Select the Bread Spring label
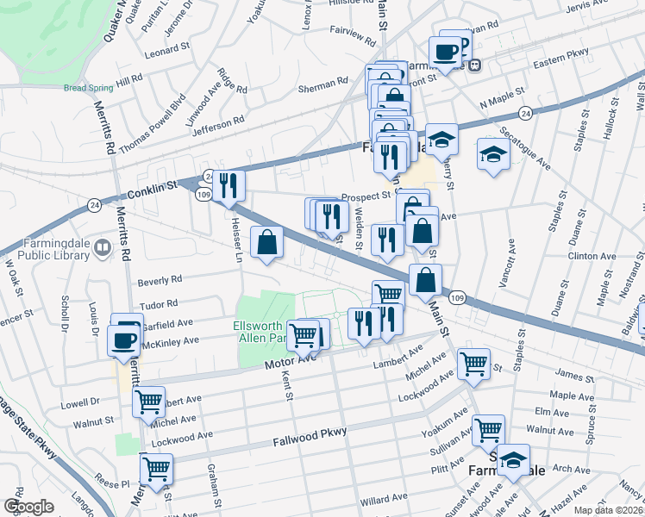click(89, 87)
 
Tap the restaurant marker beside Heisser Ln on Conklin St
click(229, 186)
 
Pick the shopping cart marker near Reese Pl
click(156, 469)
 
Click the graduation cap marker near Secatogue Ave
click(492, 154)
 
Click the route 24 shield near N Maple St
click(524, 114)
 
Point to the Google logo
click(29, 506)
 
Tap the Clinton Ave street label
click(592, 256)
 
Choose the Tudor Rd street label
click(160, 303)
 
